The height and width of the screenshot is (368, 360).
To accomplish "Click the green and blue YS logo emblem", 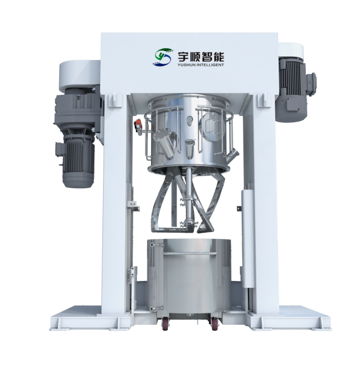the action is click(x=162, y=56).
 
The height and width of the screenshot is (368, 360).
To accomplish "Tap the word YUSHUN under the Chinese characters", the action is click(x=185, y=65).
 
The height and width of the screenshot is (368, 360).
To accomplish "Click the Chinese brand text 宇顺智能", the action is click(x=201, y=57).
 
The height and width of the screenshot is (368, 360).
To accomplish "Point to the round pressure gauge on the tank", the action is click(x=189, y=119).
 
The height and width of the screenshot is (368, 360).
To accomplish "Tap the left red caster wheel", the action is click(x=166, y=324).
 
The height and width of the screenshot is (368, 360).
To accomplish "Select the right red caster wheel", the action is click(x=214, y=324).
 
